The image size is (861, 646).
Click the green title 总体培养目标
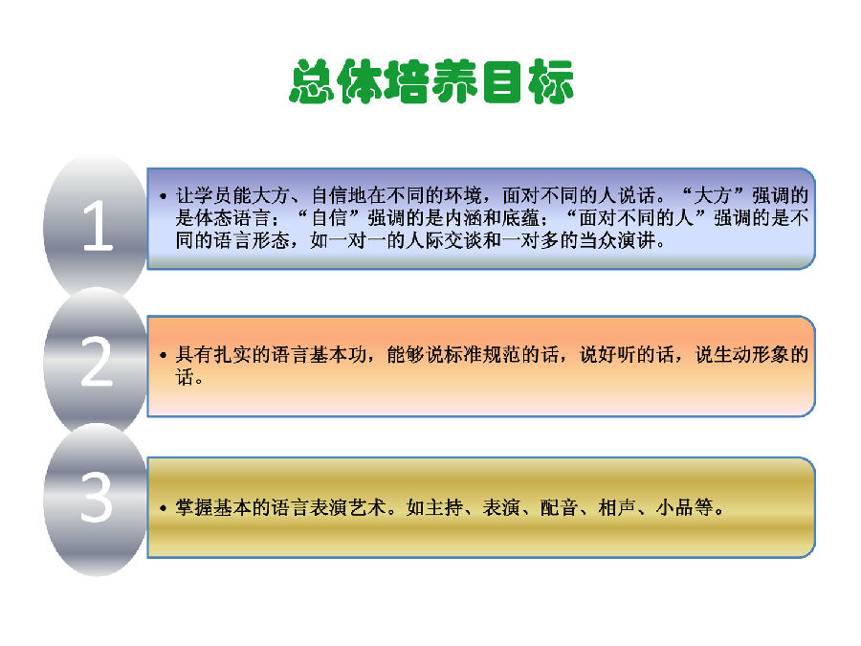(x=431, y=81)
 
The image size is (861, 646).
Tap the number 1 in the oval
(x=98, y=226)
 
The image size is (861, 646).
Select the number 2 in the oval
(x=97, y=362)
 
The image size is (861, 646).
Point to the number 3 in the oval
(x=97, y=497)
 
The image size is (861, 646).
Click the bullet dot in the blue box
(x=163, y=196)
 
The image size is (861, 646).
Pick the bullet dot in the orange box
(x=163, y=355)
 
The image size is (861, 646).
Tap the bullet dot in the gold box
(x=163, y=508)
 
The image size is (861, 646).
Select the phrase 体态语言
(x=232, y=218)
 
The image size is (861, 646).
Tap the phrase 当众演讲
(x=617, y=240)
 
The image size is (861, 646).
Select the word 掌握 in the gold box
(x=194, y=507)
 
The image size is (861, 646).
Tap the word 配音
(x=559, y=507)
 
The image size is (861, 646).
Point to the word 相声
(x=617, y=507)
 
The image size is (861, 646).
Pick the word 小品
(x=674, y=507)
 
